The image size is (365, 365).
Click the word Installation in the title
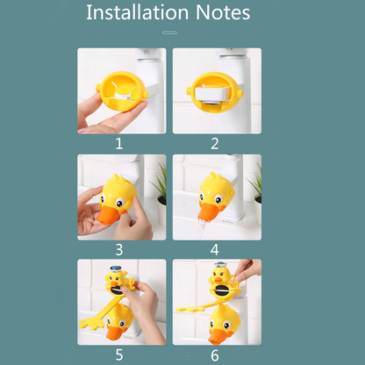[x=138, y=12]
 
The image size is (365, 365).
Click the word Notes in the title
[x=223, y=12]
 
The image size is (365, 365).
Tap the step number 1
[x=119, y=144]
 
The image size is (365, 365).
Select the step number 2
[x=215, y=144]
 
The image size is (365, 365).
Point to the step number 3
[x=119, y=250]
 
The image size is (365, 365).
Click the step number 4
[x=215, y=250]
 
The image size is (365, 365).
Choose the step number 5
[x=119, y=354]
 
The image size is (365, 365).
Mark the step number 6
[x=215, y=355]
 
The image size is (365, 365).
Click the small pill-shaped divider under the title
[x=169, y=32]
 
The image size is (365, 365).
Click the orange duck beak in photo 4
[x=208, y=211]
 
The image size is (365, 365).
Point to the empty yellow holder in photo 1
[x=122, y=91]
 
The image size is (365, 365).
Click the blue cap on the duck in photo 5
[x=116, y=268]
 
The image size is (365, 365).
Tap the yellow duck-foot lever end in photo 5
[x=89, y=324]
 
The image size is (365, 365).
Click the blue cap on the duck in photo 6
[x=221, y=266]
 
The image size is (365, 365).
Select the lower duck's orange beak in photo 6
[x=217, y=336]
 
